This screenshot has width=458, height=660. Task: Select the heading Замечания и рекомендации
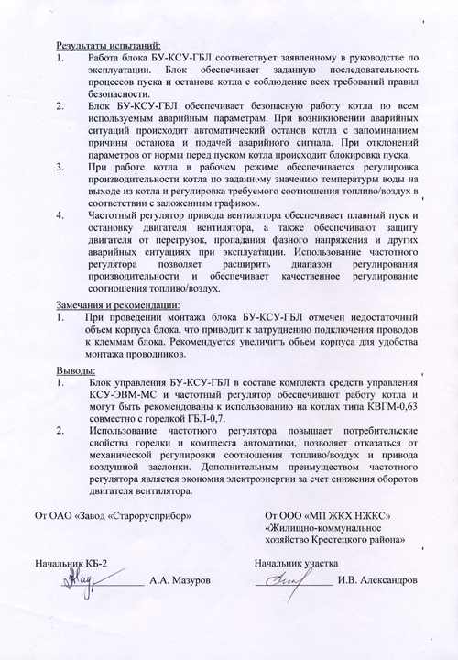118,304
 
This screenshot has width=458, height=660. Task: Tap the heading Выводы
75,369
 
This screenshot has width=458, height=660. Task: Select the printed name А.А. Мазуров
180,580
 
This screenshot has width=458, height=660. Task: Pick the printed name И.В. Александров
377,580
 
